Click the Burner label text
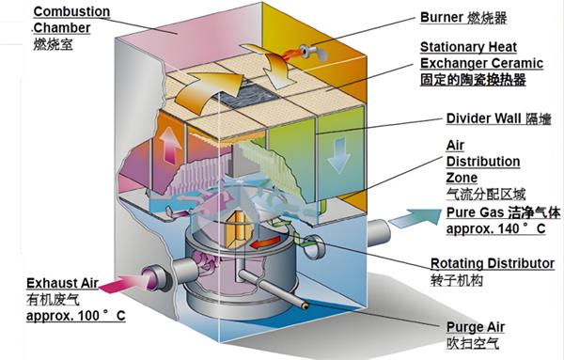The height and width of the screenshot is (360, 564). tap(463, 18)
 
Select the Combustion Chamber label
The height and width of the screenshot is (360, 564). tap(71, 28)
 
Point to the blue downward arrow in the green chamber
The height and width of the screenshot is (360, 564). tap(338, 155)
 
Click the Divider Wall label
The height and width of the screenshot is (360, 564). tap(498, 118)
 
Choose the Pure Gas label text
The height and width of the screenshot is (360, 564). tap(503, 213)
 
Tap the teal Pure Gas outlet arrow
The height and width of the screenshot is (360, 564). tap(415, 218)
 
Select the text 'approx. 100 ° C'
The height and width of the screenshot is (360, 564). tap(76, 316)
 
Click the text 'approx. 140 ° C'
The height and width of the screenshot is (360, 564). tap(496, 228)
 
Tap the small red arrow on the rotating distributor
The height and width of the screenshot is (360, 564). tap(265, 243)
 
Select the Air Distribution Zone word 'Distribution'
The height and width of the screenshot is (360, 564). tap(483, 162)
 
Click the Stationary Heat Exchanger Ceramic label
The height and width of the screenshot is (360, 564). tap(481, 63)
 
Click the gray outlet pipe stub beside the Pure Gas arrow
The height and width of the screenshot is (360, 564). tap(378, 233)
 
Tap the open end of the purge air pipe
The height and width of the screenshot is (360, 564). tap(305, 305)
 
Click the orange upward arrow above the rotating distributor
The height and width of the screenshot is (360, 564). tap(235, 229)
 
